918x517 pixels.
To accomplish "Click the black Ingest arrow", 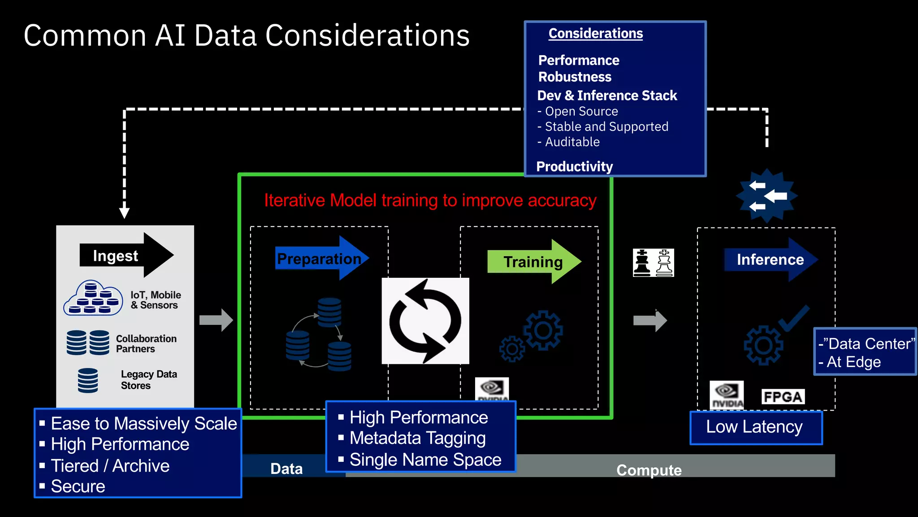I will pos(126,255).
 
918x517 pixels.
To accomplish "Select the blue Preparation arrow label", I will pos(319,258).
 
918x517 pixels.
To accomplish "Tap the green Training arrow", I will pos(533,262).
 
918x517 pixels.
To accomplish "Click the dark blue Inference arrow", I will pos(770,259).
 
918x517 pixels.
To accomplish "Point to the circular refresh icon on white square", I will pos(425,321).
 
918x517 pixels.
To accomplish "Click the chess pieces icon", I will pos(653,263).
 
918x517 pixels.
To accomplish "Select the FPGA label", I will pos(783,397).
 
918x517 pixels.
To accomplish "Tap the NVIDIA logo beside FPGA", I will pos(727,395).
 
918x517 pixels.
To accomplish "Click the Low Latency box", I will pos(756,427).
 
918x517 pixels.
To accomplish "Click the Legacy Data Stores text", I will pos(149,380).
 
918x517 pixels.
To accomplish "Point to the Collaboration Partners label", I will pos(146,344).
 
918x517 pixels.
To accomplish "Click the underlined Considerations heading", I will pos(595,34).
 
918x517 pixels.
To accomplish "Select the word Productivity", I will pos(575,166).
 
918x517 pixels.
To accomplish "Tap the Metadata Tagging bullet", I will pos(417,438).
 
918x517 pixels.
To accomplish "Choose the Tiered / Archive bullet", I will pos(110,466).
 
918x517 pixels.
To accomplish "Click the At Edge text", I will pos(853,362).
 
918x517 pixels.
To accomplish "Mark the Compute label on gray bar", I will pos(649,470).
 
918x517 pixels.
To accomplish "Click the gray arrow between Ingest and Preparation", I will pos(216,320).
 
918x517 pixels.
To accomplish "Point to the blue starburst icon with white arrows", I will pos(767,196).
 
